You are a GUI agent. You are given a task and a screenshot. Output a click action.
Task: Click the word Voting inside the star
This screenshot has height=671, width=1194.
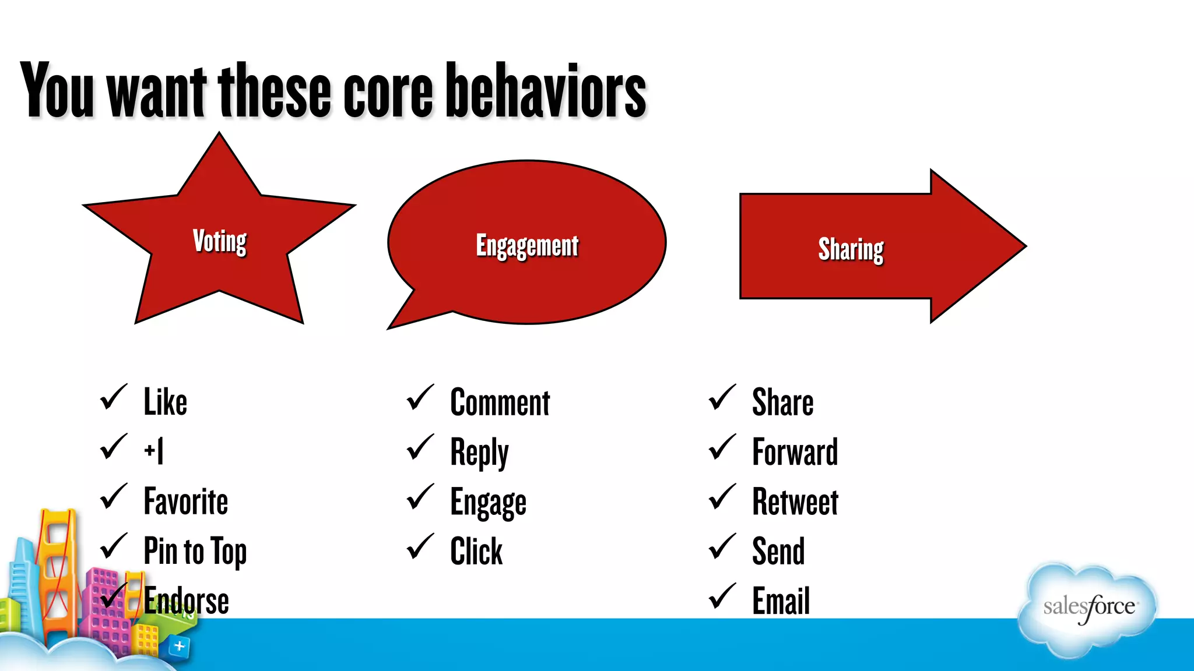tap(220, 241)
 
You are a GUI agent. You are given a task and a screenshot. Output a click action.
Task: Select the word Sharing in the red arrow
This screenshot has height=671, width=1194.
tap(851, 249)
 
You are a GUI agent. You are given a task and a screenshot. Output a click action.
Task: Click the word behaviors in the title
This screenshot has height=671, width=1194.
tap(546, 90)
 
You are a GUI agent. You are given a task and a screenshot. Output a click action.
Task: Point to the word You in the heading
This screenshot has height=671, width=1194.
tap(57, 90)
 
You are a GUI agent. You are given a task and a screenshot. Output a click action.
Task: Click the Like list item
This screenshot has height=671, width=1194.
tap(166, 402)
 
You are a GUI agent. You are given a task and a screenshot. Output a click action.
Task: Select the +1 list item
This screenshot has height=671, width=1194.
tap(154, 451)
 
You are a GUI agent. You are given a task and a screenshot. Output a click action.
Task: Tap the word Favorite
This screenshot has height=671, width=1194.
tap(185, 502)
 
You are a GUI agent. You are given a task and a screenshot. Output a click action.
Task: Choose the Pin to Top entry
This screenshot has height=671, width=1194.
tap(195, 551)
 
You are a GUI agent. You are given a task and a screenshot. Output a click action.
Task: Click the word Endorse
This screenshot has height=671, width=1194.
tap(187, 601)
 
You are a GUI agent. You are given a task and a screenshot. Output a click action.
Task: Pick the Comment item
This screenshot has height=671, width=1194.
tap(500, 402)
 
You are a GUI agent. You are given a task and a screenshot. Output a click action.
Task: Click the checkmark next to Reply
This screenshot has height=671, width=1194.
tap(420, 448)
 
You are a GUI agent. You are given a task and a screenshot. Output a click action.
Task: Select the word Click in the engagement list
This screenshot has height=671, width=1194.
tap(476, 551)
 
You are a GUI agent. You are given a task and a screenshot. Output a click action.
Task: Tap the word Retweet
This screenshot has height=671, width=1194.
tap(795, 502)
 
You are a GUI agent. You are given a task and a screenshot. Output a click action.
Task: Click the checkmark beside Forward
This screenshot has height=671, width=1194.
tap(722, 448)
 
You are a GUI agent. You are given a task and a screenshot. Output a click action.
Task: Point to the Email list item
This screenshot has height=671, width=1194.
tap(781, 601)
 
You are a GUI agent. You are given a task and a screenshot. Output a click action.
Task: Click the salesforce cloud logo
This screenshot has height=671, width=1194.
tap(1088, 609)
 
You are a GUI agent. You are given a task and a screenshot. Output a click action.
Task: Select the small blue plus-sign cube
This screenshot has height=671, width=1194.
tap(179, 646)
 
